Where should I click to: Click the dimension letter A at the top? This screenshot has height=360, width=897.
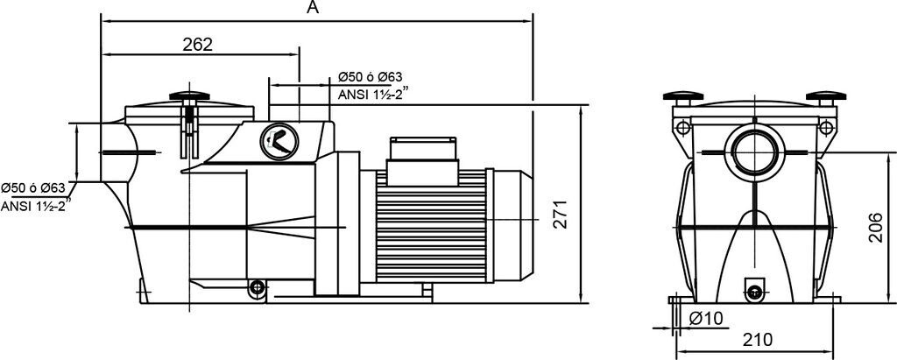pyautogui.click(x=312, y=7)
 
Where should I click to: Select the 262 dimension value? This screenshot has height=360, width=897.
pyautogui.click(x=197, y=45)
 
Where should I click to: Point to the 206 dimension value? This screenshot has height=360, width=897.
pyautogui.click(x=875, y=227)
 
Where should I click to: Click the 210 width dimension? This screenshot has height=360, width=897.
pyautogui.click(x=758, y=339)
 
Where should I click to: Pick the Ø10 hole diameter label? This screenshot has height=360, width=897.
pyautogui.click(x=706, y=318)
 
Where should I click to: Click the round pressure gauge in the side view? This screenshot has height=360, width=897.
pyautogui.click(x=279, y=141)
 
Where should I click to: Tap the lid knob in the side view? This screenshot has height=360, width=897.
pyautogui.click(x=189, y=96)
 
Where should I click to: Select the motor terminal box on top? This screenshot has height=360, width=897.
pyautogui.click(x=423, y=161)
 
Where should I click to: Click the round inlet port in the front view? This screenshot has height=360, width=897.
pyautogui.click(x=754, y=152)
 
